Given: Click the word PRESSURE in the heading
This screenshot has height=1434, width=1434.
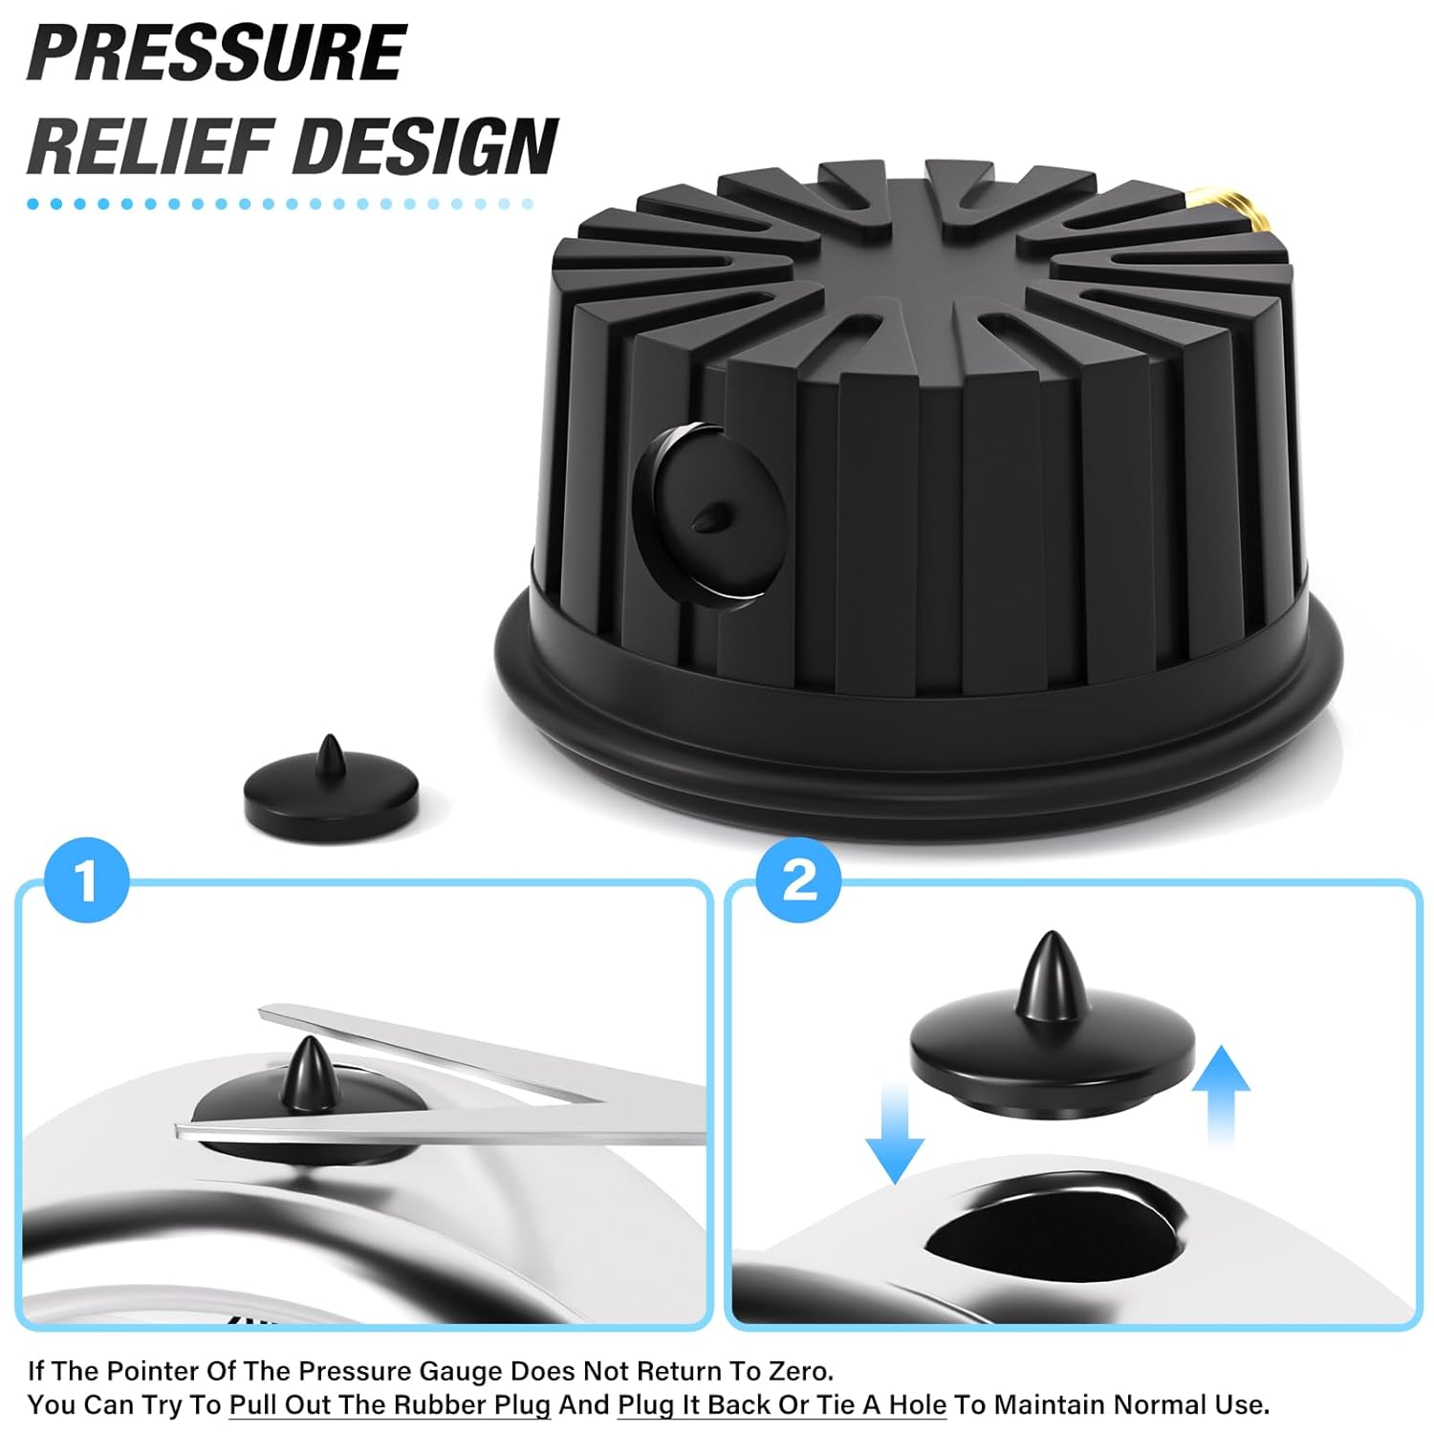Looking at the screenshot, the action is point(218,52).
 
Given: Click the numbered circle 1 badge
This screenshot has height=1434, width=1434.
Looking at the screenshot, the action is point(87,880).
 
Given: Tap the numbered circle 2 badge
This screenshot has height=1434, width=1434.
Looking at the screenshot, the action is point(798,880).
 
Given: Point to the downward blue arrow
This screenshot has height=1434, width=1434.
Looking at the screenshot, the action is point(895,1134).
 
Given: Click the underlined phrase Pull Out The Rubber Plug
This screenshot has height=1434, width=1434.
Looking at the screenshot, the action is point(390,1405).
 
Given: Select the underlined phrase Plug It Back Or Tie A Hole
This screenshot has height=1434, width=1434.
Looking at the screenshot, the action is point(782,1405).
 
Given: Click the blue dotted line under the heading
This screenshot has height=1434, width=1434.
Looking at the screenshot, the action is point(280,204).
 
